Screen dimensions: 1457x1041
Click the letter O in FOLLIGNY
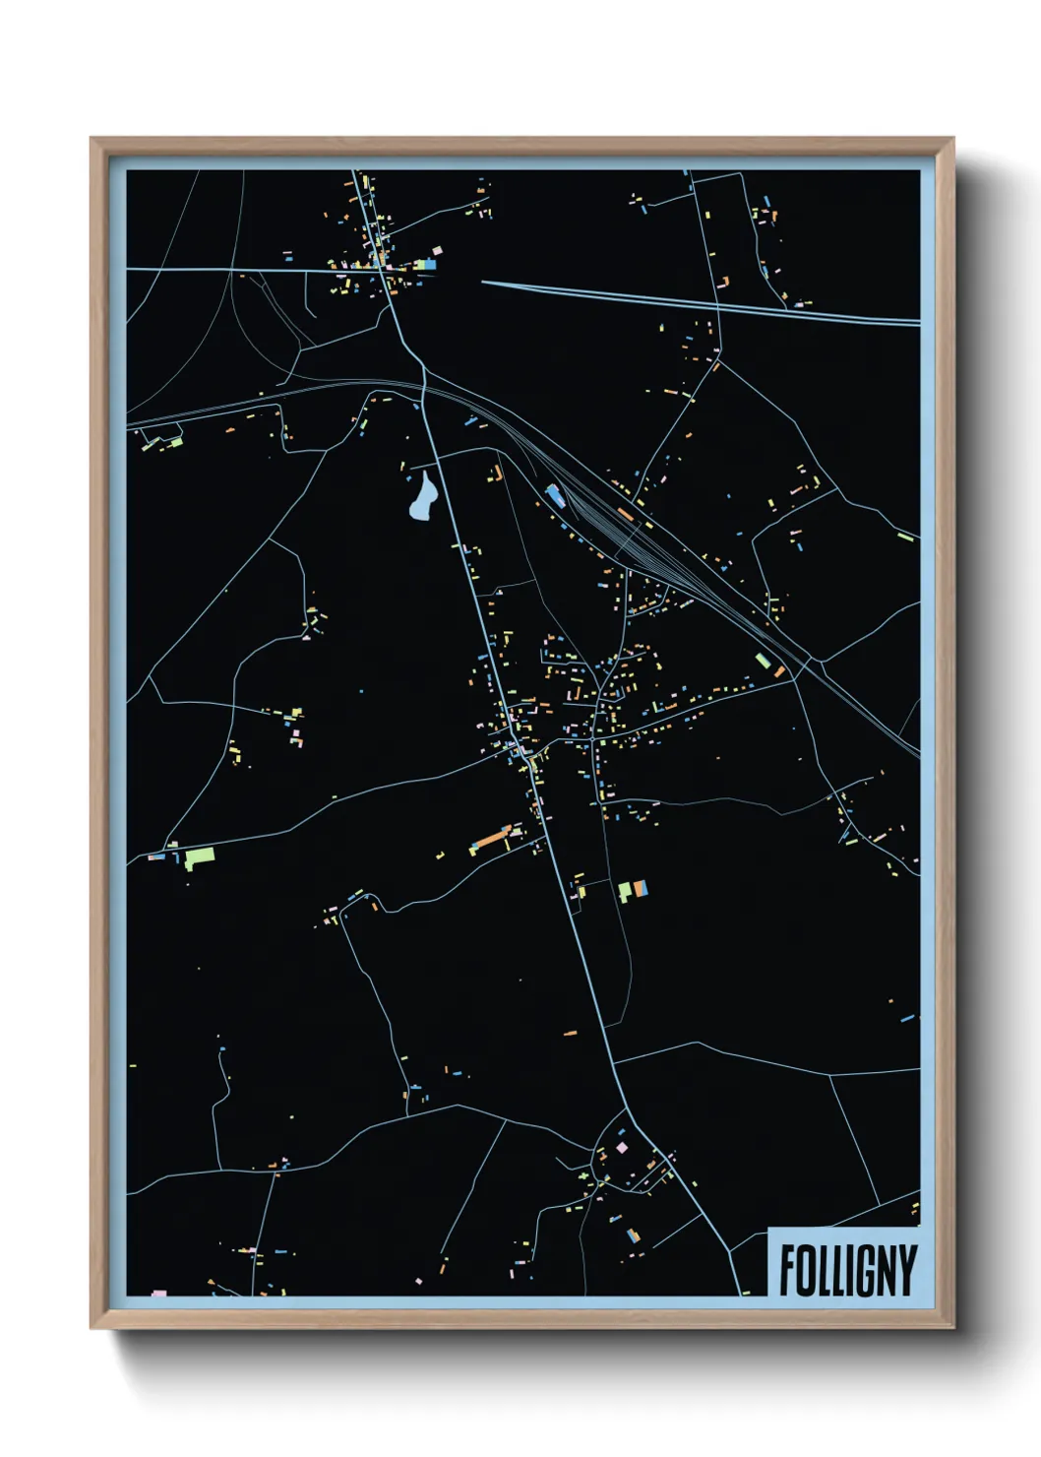(806, 1270)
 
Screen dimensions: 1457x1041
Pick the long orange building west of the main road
(489, 840)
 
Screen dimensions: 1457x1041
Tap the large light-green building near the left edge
(199, 856)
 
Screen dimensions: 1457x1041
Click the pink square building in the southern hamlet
(621, 1148)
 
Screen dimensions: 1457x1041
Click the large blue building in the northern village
(430, 264)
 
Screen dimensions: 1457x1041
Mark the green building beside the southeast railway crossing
(761, 661)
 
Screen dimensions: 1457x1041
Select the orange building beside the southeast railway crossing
(780, 671)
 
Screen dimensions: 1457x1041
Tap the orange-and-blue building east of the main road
(641, 889)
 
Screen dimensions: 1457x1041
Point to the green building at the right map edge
(906, 538)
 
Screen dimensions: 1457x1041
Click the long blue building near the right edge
(907, 1019)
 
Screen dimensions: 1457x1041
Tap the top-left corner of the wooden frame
(92, 139)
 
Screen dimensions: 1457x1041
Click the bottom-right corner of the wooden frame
(952, 1328)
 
